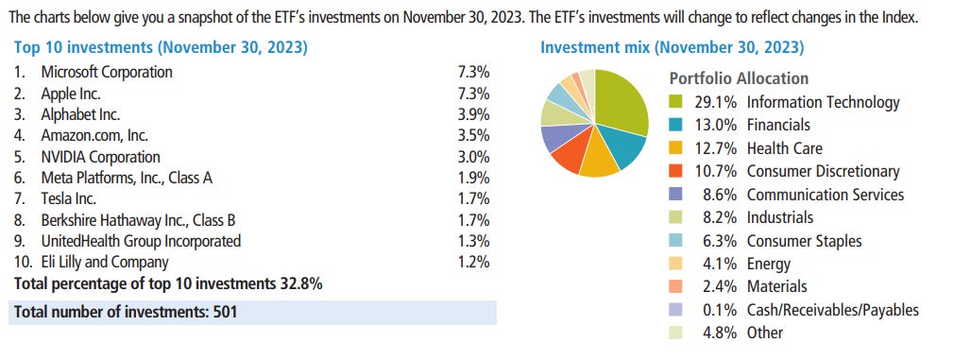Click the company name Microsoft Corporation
pyautogui.click(x=107, y=72)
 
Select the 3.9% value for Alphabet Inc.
pyautogui.click(x=472, y=114)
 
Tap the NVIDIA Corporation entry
pyautogui.click(x=100, y=157)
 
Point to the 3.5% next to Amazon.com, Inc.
pyautogui.click(x=472, y=136)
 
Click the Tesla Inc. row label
pyautogui.click(x=69, y=199)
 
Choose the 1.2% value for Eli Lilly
pyautogui.click(x=472, y=262)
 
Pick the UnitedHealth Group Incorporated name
pyautogui.click(x=141, y=241)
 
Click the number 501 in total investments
pyautogui.click(x=222, y=312)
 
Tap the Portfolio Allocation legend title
pyautogui.click(x=739, y=78)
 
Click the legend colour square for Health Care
pyautogui.click(x=675, y=148)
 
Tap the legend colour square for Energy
pyautogui.click(x=675, y=264)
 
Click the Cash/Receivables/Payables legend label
pyautogui.click(x=832, y=309)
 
